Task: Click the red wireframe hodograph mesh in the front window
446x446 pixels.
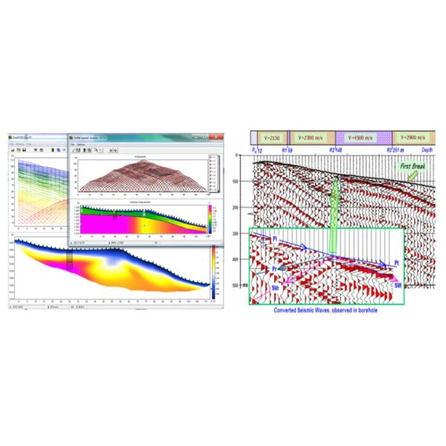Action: point(141,174)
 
